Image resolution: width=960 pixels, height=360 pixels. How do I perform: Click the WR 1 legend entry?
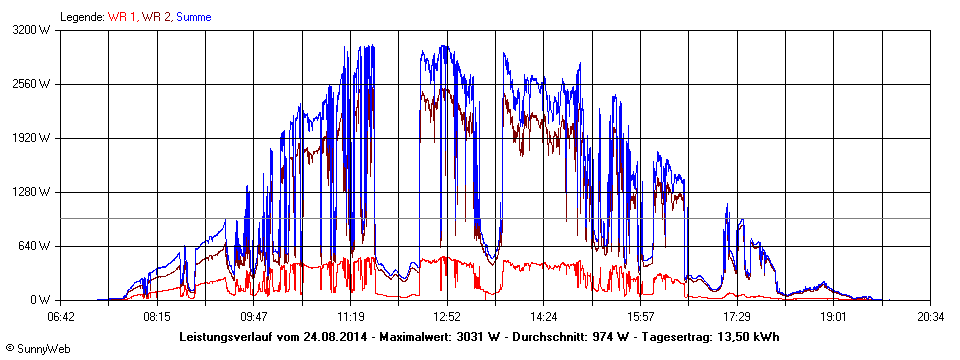124,17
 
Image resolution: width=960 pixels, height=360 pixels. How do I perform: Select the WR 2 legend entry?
157,17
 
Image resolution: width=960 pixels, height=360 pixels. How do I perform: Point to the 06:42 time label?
61,316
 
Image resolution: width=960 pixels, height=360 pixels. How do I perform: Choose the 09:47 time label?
254,316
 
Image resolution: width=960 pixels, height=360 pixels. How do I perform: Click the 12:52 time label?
447,316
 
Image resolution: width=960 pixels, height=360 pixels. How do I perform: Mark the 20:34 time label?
930,316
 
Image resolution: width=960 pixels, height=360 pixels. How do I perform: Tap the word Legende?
82,17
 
